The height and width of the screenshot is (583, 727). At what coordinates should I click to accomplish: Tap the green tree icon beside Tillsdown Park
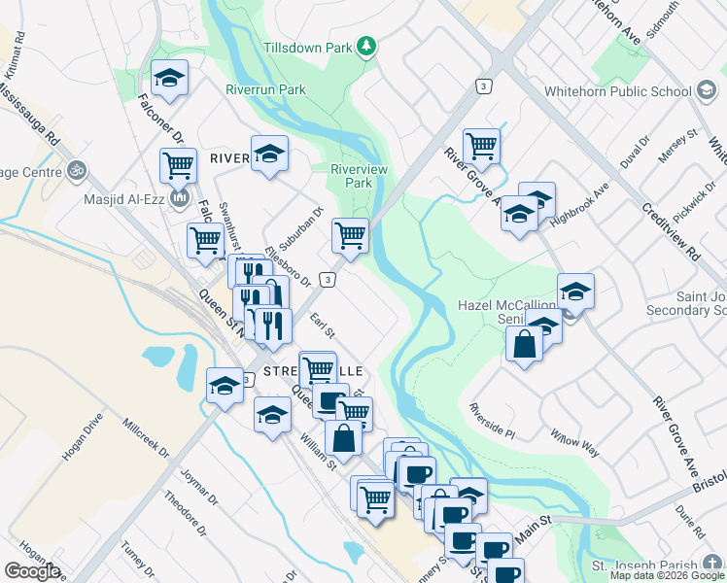(x=366, y=46)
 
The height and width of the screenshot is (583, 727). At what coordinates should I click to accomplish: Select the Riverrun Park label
(x=265, y=90)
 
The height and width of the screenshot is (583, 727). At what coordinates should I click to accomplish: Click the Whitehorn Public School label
(x=628, y=91)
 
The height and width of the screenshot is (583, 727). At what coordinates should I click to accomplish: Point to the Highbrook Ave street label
(x=578, y=206)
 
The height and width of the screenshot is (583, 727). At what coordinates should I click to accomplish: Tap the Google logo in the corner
(x=31, y=570)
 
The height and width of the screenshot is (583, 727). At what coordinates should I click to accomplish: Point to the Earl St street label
(x=322, y=324)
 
